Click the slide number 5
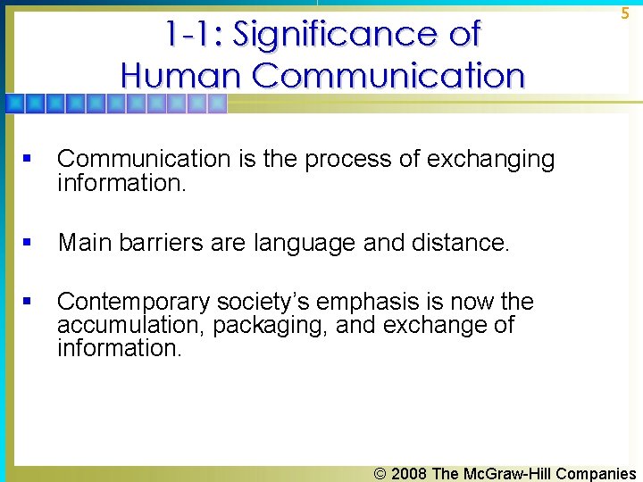[x=625, y=13]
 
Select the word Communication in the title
[x=388, y=75]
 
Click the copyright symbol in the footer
[x=381, y=473]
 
